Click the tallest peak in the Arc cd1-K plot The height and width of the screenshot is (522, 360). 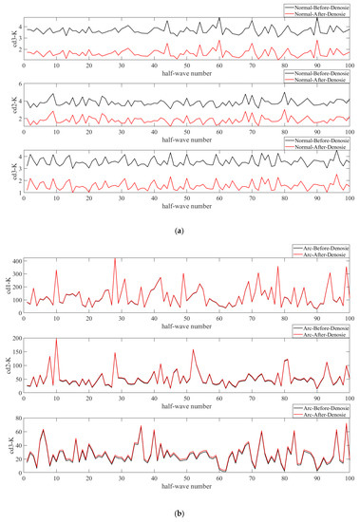(115, 259)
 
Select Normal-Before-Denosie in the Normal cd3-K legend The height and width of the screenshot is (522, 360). (317, 140)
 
